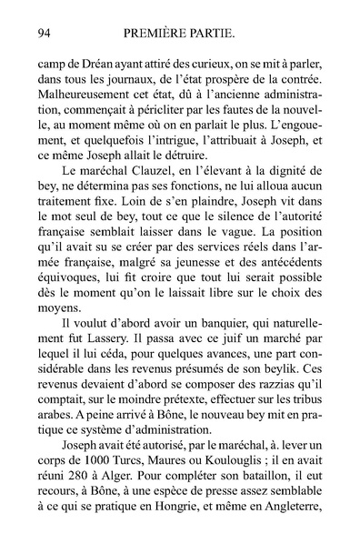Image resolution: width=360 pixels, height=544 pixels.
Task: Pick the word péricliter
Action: [227, 118]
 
